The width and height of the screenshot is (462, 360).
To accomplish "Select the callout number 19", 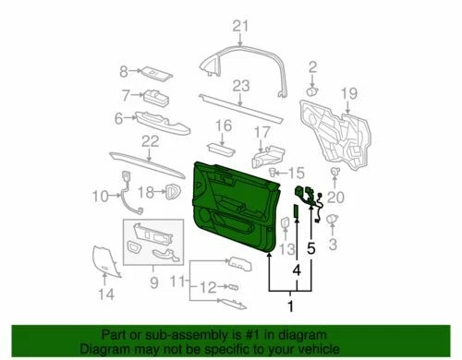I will pyautogui.click(x=348, y=92).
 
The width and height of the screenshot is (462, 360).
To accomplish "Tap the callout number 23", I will pyautogui.click(x=241, y=86).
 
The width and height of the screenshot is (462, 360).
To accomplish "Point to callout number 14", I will pyautogui.click(x=106, y=294).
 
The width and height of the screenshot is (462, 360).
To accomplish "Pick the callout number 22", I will pyautogui.click(x=151, y=139).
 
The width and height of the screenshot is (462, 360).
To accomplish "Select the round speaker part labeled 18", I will pyautogui.click(x=173, y=190).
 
